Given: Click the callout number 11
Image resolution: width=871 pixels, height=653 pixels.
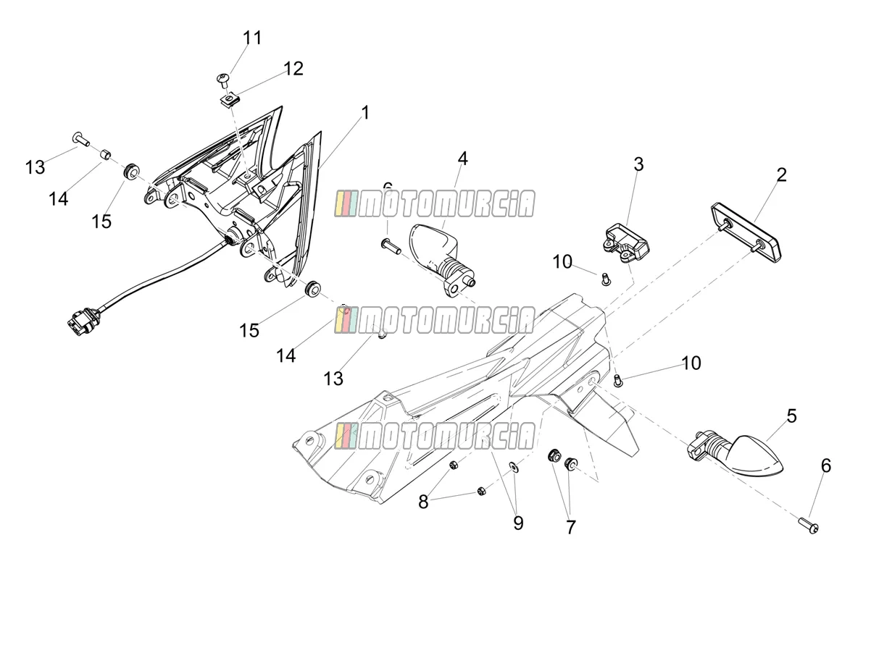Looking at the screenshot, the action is click(x=252, y=38).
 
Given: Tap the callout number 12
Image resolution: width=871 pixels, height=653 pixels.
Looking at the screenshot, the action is click(x=293, y=69).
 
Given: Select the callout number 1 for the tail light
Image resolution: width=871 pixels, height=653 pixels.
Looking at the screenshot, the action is click(x=365, y=113).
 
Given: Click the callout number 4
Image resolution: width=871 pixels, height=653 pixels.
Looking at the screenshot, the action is click(x=463, y=159).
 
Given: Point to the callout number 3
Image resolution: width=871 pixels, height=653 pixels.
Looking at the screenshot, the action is click(x=638, y=164).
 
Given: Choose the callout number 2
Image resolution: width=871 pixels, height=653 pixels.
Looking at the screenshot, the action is click(x=781, y=175).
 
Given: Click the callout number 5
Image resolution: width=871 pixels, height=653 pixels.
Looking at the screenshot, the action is click(x=791, y=416).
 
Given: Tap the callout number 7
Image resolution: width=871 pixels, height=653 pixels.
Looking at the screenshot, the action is click(x=570, y=527).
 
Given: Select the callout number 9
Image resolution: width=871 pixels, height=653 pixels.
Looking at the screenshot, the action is click(x=518, y=523).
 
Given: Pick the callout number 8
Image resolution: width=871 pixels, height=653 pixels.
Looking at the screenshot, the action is click(x=423, y=502).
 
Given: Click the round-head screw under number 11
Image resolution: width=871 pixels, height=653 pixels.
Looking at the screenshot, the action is click(x=223, y=80).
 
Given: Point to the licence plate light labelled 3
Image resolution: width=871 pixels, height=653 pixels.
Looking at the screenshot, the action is click(x=626, y=243).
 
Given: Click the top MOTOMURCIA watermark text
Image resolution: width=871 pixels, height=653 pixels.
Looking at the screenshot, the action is click(x=435, y=203).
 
